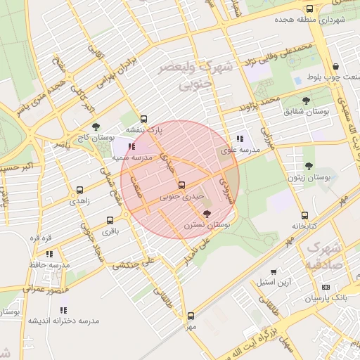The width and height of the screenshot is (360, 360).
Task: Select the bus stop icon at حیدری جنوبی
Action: pos(182,186)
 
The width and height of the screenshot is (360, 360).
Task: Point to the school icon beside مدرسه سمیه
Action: pos(131,146)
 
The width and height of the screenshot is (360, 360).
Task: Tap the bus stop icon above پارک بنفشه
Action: pos(144,119)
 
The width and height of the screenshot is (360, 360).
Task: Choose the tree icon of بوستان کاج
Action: pos(96,127)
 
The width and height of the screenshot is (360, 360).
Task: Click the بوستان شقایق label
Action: pos(303,112)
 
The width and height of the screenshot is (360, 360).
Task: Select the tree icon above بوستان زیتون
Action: pos(309,166)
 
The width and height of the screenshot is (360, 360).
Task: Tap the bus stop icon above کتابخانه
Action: pos(304,216)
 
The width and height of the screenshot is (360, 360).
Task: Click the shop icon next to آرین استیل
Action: pos(274,271)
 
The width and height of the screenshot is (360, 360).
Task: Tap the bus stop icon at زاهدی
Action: pos(79,190)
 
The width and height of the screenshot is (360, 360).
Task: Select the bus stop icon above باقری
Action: pos(109,220)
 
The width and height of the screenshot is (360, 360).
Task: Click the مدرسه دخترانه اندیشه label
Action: pos(63,320)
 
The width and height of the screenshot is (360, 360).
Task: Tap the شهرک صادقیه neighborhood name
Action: pos(324,257)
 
